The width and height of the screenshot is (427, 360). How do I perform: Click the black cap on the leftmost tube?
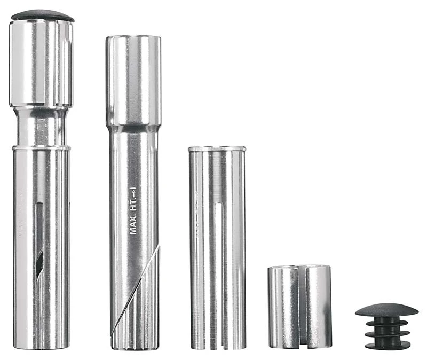tap(42, 15)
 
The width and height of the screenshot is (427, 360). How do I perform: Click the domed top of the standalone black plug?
tap(386, 310)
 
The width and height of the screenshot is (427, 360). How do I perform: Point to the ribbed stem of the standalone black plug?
tap(387, 333)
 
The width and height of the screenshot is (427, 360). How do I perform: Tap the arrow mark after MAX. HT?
tap(133, 191)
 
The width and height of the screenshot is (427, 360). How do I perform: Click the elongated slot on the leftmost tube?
tap(38, 240)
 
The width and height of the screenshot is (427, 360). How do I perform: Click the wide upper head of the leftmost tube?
tap(41, 64)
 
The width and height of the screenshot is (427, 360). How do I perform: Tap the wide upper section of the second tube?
tap(133, 80)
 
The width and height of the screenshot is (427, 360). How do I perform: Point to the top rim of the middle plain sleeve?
tap(217, 148)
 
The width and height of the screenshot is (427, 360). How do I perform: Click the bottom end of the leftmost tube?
tap(41, 346)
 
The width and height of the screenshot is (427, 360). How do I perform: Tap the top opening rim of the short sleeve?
tap(299, 267)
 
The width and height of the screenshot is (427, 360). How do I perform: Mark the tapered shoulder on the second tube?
tap(133, 128)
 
